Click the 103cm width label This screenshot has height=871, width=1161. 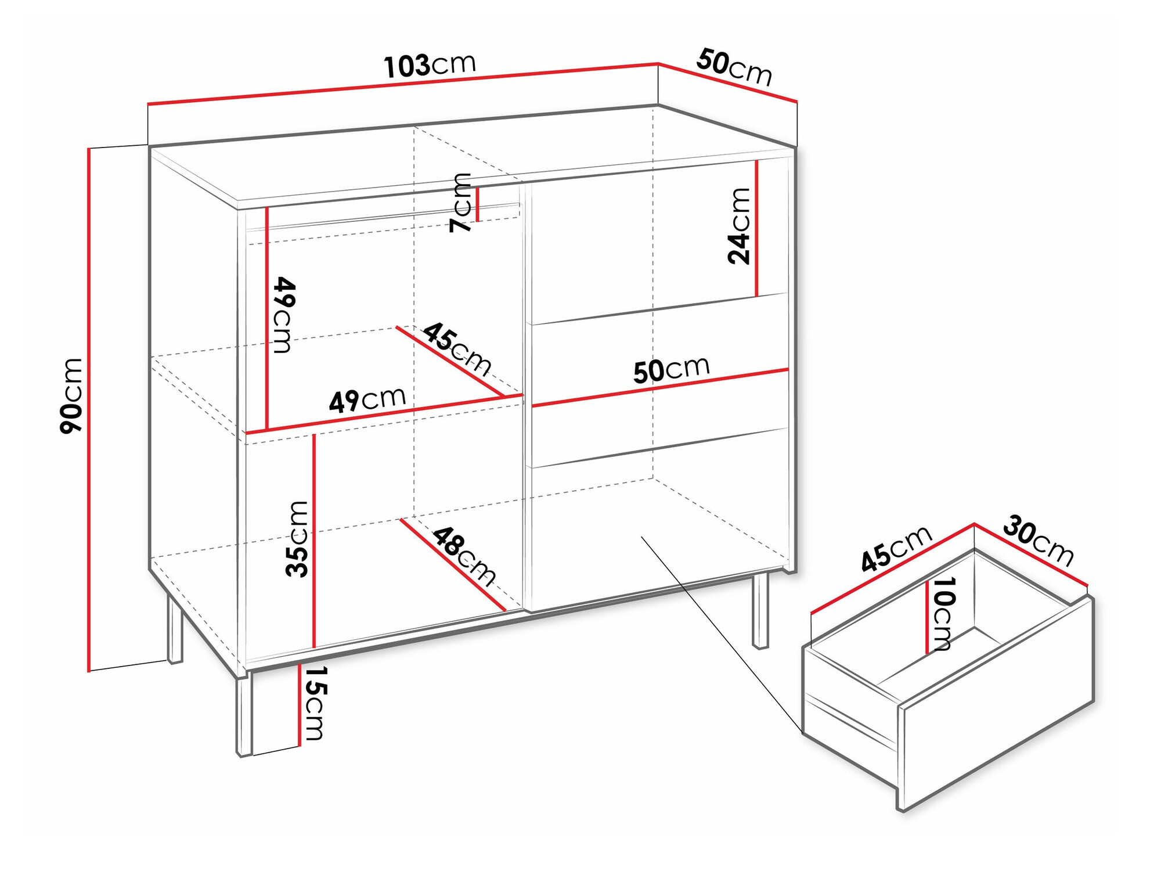[x=430, y=64]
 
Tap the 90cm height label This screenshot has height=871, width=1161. [x=71, y=395]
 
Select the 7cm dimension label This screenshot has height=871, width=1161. [x=461, y=203]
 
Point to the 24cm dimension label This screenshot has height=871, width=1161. [x=739, y=226]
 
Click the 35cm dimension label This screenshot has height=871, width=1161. [x=297, y=539]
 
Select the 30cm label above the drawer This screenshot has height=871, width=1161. [x=1038, y=540]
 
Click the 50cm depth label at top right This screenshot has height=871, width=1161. [x=734, y=67]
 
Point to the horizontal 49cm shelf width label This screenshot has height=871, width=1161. [x=367, y=399]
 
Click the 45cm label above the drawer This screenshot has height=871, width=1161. [x=896, y=549]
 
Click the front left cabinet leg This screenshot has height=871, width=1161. [x=244, y=715]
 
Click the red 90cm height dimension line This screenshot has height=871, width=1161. [x=89, y=410]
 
